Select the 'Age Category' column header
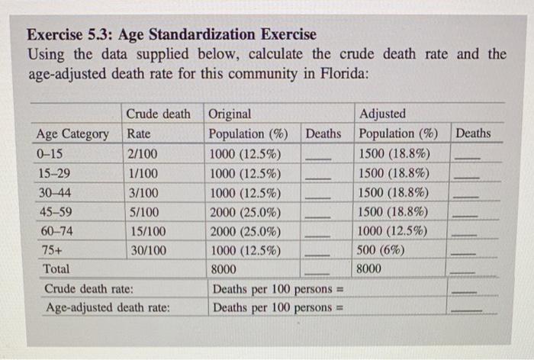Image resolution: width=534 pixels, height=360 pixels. coord(72,134)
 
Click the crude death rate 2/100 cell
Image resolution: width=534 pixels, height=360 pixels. coord(143,153)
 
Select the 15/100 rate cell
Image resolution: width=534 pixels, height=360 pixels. coord(145,230)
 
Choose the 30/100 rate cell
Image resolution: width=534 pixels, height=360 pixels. coord(145,249)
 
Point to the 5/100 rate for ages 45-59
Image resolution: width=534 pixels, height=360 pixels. coord(143,211)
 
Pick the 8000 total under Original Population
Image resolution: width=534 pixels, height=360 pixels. coord(224,269)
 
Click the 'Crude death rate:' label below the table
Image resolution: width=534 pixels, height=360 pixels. coord(89,289)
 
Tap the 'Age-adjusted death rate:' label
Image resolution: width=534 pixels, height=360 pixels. coord(107,308)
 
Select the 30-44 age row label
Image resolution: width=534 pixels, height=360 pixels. coord(53,192)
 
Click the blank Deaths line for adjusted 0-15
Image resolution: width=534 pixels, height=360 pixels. coord(471,157)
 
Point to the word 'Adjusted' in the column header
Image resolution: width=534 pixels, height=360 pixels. coord(382,114)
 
